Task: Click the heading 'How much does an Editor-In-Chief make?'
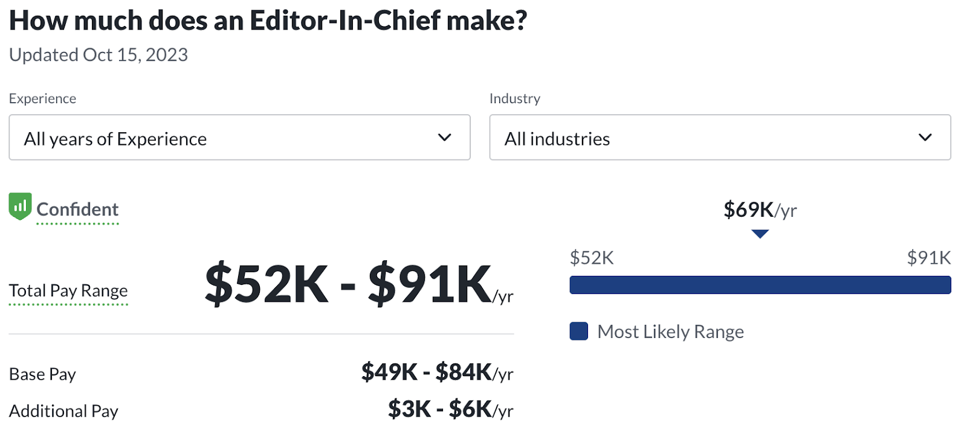[268, 21]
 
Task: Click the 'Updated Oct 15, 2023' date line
[99, 55]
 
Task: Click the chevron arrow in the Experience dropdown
[445, 138]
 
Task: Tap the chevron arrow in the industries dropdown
[925, 138]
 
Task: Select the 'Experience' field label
[42, 98]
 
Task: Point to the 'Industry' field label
[515, 98]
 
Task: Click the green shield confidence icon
[20, 206]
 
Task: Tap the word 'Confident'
[77, 209]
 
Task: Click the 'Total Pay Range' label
[68, 291]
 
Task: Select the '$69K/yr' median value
[760, 209]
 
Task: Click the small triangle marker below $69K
[760, 234]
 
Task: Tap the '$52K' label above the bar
[592, 258]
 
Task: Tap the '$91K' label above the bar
[928, 258]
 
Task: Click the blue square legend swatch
[579, 331]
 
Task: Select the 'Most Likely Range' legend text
[670, 331]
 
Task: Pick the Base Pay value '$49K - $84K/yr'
[437, 372]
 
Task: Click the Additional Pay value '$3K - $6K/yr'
[450, 409]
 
